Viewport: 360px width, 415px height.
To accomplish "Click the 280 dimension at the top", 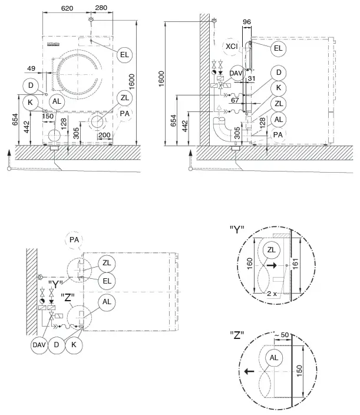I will [101, 8].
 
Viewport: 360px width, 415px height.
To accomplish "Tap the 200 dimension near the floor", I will [104, 136].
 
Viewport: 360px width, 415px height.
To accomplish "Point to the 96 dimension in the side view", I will [247, 22].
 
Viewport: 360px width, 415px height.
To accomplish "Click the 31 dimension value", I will [252, 79].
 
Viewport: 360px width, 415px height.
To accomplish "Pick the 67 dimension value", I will [235, 101].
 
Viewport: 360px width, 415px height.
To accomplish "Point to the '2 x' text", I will [271, 293].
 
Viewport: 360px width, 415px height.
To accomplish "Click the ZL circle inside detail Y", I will [270, 249].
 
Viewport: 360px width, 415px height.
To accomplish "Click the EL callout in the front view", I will [124, 54].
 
